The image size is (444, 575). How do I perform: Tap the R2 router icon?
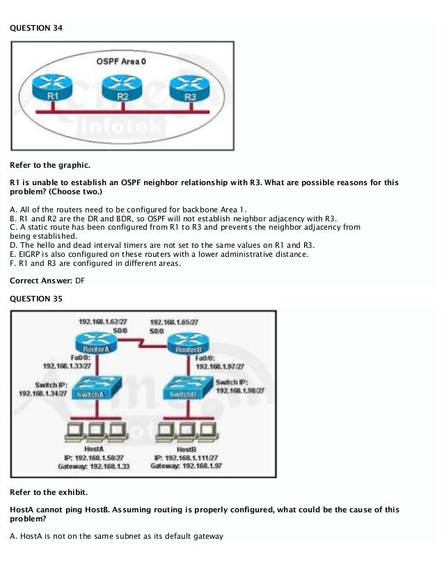pyautogui.click(x=122, y=88)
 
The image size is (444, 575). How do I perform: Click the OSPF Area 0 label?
pyautogui.click(x=121, y=61)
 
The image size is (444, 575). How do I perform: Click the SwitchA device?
pyautogui.click(x=97, y=388)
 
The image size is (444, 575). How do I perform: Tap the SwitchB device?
pyautogui.click(x=187, y=389)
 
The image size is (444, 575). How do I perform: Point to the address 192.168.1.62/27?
pyautogui.click(x=102, y=322)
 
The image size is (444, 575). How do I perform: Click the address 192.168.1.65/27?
pyautogui.click(x=174, y=322)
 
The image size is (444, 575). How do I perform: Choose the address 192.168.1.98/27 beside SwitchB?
pyautogui.click(x=240, y=391)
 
